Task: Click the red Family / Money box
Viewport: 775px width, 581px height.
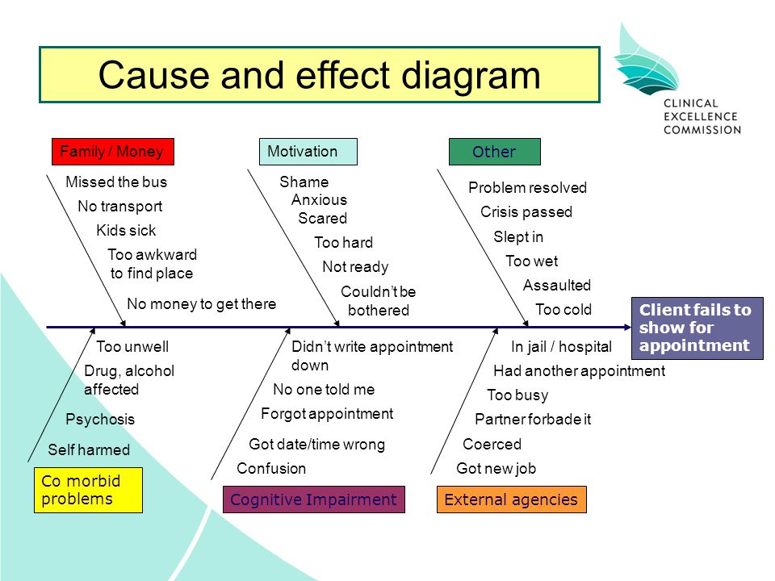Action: coord(113,152)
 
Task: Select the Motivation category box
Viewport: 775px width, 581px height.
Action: coord(308,152)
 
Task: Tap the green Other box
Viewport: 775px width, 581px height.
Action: coord(495,152)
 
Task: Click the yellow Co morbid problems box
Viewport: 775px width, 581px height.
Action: coord(89,490)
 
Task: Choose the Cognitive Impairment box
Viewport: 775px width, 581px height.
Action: coord(314,499)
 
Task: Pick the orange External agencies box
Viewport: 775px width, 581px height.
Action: coord(512,499)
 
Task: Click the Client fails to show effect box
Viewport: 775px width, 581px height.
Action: coord(697,328)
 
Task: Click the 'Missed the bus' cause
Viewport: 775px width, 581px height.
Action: coord(116,182)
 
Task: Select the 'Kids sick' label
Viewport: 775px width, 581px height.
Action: coord(126,230)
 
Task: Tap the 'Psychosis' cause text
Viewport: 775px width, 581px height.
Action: coord(100,420)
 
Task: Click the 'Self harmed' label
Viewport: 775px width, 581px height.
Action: coord(89,449)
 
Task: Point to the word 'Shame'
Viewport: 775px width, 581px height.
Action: coord(304,182)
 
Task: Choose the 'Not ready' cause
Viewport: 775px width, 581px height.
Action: coord(355,267)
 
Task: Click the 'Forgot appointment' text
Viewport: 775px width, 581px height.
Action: coord(327,413)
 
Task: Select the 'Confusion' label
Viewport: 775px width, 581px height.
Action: coord(271,468)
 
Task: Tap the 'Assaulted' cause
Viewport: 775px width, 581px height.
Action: coord(557,285)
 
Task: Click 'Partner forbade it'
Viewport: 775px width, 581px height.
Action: coord(533,420)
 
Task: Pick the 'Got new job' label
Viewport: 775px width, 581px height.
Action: coord(496,468)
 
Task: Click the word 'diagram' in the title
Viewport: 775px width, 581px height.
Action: coord(471,77)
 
